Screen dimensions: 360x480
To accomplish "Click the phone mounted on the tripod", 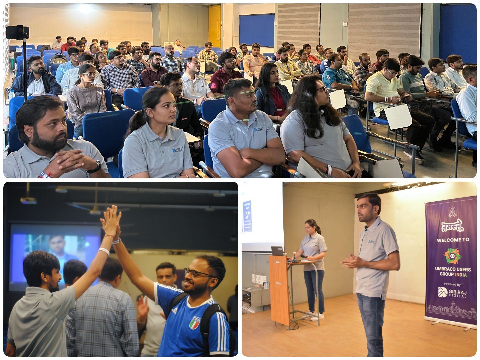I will click(17, 32).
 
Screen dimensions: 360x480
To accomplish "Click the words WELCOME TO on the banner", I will click(452, 239).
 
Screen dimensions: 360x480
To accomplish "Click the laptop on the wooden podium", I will click(278, 251).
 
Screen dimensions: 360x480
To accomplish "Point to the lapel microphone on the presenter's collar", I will click(366, 229).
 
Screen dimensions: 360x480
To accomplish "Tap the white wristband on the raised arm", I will click(104, 251).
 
